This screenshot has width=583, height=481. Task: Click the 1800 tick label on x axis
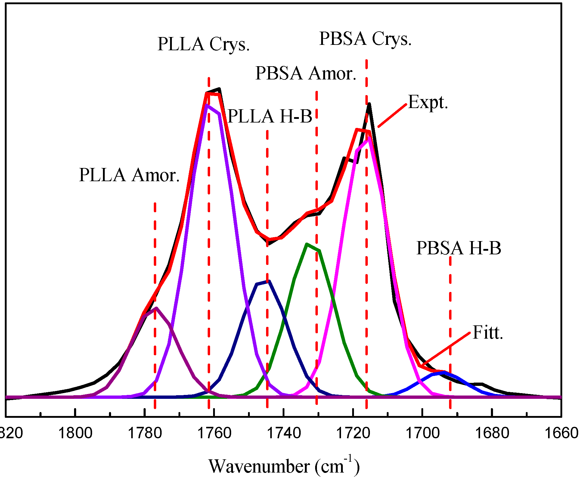(75, 434)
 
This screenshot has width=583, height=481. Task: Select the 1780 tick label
(145, 434)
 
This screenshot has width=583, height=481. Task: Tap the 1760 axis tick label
(214, 434)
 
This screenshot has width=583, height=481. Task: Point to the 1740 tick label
(284, 434)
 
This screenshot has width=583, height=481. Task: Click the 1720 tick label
(353, 434)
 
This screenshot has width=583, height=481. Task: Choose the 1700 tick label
(423, 434)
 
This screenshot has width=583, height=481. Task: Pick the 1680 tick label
(492, 434)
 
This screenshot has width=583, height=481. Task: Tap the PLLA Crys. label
(203, 44)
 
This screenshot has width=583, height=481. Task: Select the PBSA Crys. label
(365, 39)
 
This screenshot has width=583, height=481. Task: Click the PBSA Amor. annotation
(306, 73)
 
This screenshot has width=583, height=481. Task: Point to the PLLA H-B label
(270, 116)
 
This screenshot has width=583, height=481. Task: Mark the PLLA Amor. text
(129, 175)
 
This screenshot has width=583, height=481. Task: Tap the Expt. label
(428, 102)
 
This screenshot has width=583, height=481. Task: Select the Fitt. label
(488, 333)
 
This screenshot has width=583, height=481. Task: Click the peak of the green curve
(307, 244)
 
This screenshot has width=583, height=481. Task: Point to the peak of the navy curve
(269, 281)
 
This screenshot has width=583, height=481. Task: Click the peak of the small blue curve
(444, 372)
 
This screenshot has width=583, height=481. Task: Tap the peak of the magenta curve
(368, 138)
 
